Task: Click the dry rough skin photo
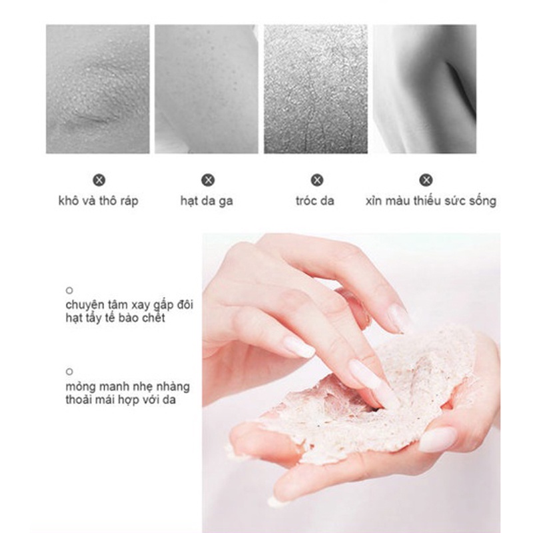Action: pos(97,89)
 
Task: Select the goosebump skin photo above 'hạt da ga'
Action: pos(206,89)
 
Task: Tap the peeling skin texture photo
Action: pos(315,89)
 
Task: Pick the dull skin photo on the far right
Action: pos(424,89)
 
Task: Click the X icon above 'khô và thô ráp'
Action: pos(99,180)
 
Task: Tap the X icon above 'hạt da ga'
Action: pos(208,180)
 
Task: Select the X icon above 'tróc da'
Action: pos(317,180)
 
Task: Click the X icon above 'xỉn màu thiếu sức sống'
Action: pos(426,180)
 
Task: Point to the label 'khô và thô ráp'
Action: pos(99,201)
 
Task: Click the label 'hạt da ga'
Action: pos(207,201)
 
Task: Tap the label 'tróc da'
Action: pos(315,201)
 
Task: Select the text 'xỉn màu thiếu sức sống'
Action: pos(430,201)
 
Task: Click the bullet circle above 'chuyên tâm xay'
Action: pos(69,290)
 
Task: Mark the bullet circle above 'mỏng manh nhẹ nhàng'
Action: pos(69,372)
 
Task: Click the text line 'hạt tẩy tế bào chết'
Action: pos(111,318)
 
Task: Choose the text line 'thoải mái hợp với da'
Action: pos(116,400)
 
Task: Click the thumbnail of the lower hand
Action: pos(436,438)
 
